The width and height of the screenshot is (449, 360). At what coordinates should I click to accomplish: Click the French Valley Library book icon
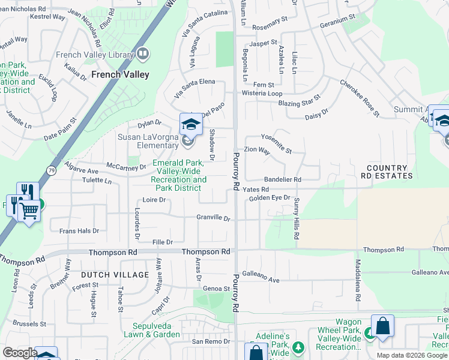click(143, 55)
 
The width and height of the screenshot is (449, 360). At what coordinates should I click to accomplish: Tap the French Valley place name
click(120, 75)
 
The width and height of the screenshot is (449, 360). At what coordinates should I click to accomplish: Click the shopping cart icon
click(29, 211)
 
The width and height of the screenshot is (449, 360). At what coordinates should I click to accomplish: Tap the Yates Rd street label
click(256, 190)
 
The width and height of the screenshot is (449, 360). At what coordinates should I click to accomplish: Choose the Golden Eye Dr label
click(270, 198)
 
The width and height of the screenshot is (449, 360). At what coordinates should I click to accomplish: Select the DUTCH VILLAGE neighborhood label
click(115, 275)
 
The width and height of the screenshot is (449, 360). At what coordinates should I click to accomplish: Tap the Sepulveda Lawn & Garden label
click(152, 330)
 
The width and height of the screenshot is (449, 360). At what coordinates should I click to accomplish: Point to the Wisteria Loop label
click(262, 94)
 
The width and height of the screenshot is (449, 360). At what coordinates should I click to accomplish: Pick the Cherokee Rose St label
click(360, 98)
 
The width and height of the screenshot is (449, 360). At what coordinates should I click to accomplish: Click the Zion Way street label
click(256, 150)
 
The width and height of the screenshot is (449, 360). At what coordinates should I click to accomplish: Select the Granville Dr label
click(214, 218)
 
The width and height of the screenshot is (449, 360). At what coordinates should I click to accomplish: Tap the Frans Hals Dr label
click(79, 230)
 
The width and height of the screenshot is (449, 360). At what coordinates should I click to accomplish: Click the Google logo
click(20, 353)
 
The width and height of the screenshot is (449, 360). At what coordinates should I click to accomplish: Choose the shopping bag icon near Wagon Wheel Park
click(382, 327)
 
